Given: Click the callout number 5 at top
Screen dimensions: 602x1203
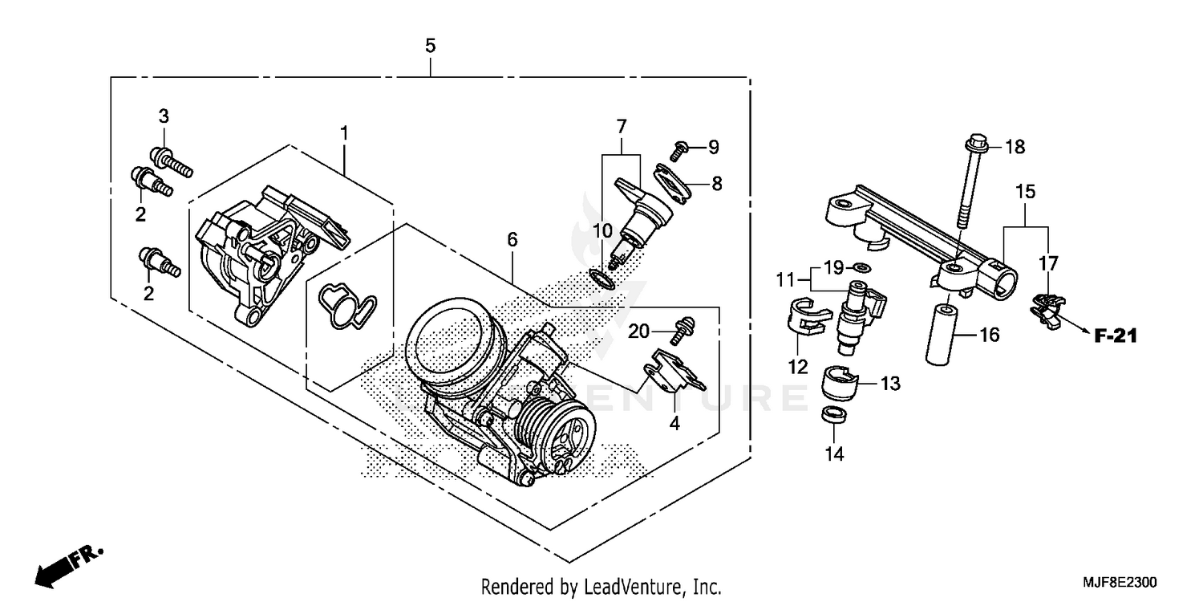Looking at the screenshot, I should coord(431,46).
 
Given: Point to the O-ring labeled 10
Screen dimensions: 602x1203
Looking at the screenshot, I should coord(601,279).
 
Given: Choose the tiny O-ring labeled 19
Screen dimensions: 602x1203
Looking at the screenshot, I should coord(860,267).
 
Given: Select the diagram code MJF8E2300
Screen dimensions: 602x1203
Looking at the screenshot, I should coord(1122,580).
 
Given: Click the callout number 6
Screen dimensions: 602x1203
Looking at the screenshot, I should coord(512,239).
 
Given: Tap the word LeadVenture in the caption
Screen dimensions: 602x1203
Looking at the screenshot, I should coord(634,587).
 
